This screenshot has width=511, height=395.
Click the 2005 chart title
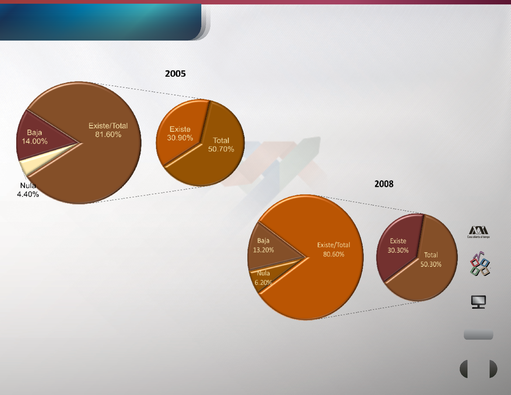click(x=175, y=74)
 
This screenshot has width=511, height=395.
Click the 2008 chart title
click(x=384, y=184)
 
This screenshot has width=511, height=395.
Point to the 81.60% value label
click(x=108, y=134)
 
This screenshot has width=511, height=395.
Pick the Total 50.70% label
click(x=221, y=145)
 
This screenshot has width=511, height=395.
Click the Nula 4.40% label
click(x=28, y=190)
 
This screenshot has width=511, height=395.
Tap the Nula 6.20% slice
click(x=266, y=279)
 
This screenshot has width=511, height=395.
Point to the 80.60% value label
click(x=333, y=254)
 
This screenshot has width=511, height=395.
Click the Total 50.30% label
click(x=431, y=260)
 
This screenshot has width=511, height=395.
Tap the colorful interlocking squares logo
click(x=480, y=263)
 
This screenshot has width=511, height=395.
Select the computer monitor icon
click(x=478, y=302)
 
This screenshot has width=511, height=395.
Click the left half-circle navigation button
click(x=464, y=369)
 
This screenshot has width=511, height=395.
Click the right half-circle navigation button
click(x=493, y=369)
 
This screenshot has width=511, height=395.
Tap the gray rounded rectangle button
click(x=478, y=335)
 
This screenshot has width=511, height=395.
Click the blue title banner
click(x=101, y=22)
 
